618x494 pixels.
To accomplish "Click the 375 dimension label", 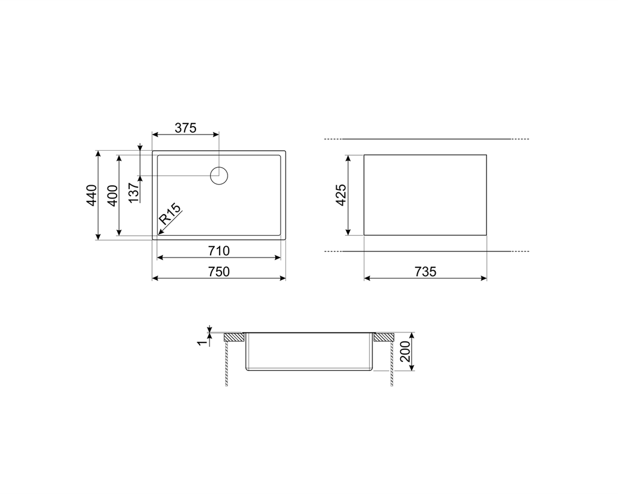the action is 186,128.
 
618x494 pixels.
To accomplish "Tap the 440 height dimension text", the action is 92,195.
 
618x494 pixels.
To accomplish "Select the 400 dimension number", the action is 112,195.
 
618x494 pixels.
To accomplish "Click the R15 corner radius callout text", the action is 170,214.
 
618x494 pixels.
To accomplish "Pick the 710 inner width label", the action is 218,251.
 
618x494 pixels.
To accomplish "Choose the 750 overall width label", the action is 218,272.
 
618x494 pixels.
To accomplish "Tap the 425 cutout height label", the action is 340,195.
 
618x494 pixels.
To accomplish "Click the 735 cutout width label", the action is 425,272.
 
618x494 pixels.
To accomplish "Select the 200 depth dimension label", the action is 405,352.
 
